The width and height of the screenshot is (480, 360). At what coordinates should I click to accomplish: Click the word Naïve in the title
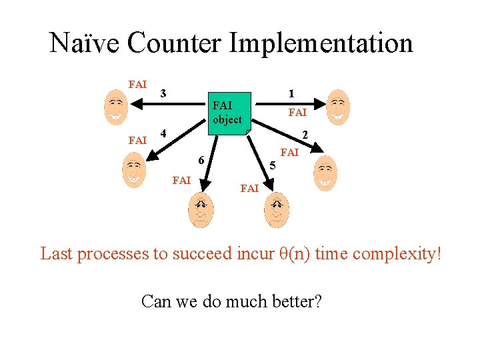(85, 43)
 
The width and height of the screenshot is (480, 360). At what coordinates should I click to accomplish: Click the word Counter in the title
(175, 43)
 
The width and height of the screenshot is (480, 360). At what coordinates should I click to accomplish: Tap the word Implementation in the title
(321, 43)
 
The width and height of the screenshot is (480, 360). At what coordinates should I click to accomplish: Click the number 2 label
(305, 135)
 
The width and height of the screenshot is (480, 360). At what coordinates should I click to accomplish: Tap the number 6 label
(200, 160)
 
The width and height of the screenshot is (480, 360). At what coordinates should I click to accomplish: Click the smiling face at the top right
(339, 105)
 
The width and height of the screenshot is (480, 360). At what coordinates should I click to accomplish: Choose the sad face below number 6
(200, 210)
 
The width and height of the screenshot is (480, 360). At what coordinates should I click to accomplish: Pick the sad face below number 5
(277, 210)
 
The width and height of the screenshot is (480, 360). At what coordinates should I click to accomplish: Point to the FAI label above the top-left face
(137, 85)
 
